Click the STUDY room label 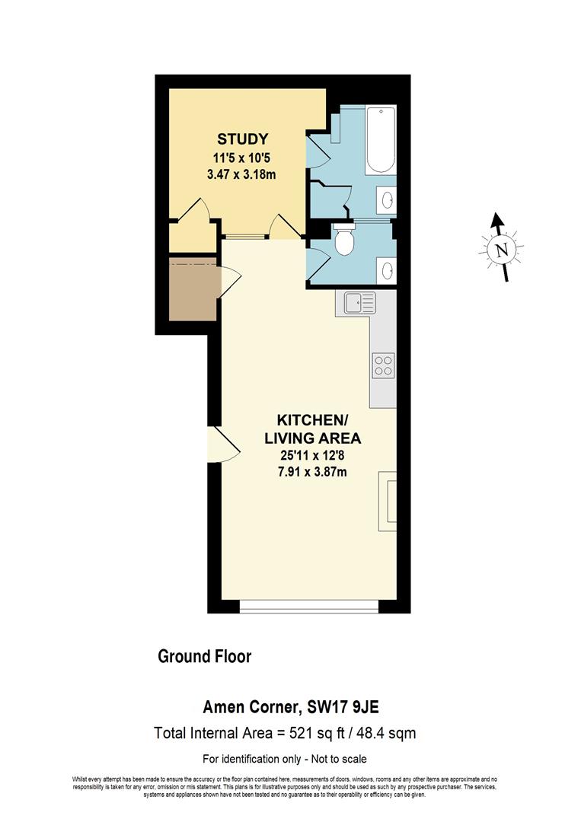tap(242, 139)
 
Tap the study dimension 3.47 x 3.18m tap(241, 174)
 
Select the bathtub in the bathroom tap(379, 142)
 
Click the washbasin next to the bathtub tap(386, 200)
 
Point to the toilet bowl tap(344, 242)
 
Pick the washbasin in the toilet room tap(386, 269)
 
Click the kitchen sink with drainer tap(359, 304)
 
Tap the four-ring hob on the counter tap(382, 366)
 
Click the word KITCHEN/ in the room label tap(311, 420)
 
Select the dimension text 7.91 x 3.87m tap(311, 472)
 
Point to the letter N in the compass tap(500, 250)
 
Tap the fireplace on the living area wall tap(388, 499)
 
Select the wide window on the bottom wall tap(308, 607)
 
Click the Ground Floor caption tap(204, 656)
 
